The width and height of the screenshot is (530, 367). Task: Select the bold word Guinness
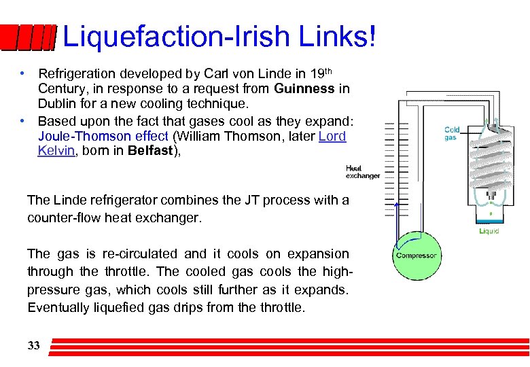coord(304,88)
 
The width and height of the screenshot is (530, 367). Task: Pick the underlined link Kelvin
coord(56,151)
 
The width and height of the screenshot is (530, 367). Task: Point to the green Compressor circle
coord(416,256)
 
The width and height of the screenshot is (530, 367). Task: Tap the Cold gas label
coord(452,133)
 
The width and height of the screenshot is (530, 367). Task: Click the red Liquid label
coord(489,231)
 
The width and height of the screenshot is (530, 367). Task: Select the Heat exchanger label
coord(363,171)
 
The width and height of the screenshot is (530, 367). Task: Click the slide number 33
coord(33,346)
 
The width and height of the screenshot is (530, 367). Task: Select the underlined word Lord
coord(332,136)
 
